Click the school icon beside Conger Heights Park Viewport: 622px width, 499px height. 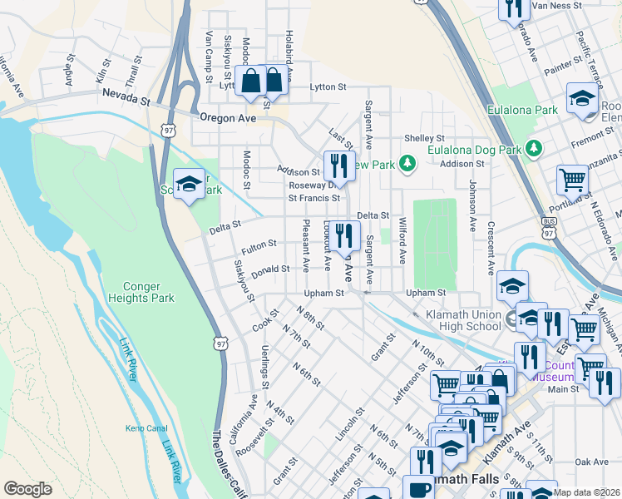point(189,184)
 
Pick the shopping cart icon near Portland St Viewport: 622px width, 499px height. point(572,178)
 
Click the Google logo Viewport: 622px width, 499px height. point(27,489)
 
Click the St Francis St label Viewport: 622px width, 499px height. point(314,198)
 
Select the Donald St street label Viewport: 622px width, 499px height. point(271,269)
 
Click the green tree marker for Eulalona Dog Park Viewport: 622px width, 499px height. point(534,149)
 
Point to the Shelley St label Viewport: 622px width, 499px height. point(425,138)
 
